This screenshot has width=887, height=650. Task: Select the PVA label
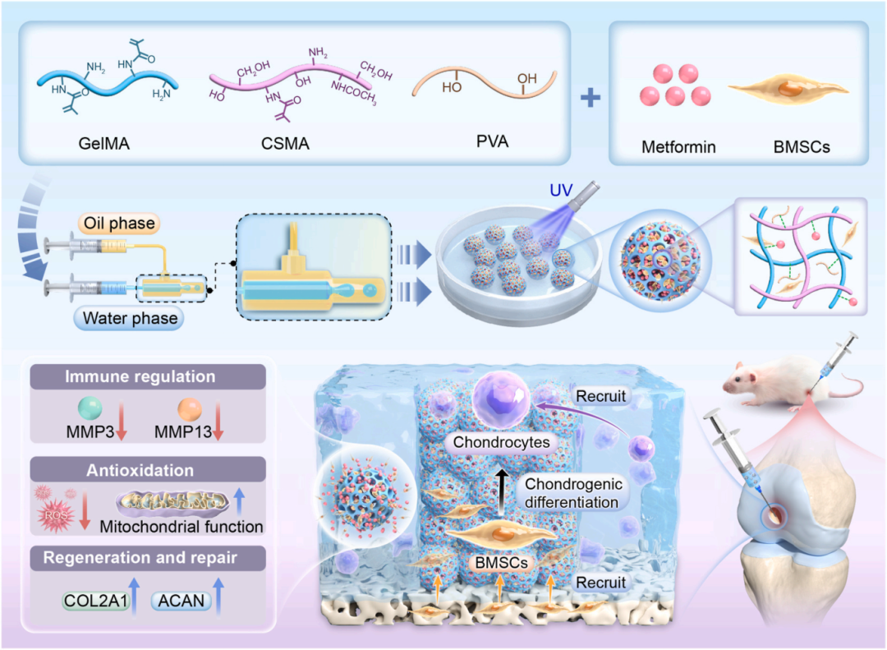[x=490, y=141]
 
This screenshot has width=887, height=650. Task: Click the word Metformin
[x=678, y=148]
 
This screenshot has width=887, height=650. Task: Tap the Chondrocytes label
[x=502, y=443]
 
